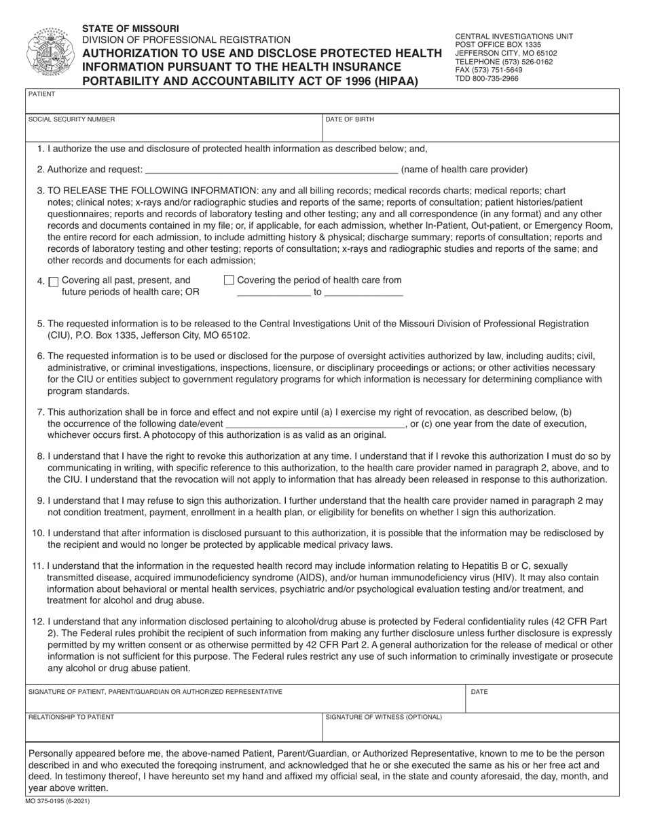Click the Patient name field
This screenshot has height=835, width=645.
coord(322,102)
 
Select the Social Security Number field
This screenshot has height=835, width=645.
coord(173,129)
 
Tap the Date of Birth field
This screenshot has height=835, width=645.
coord(471,129)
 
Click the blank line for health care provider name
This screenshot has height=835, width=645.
coord(272,169)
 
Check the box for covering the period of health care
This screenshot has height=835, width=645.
coord(229,280)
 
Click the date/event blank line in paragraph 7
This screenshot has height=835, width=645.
coord(315,424)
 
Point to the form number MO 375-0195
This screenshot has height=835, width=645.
coord(58,802)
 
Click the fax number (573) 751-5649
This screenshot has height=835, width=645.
coord(488,70)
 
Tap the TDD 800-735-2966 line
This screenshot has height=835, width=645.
coord(486,79)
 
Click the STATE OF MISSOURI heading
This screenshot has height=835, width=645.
coord(131,29)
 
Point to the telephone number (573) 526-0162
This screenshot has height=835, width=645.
coord(503,62)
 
